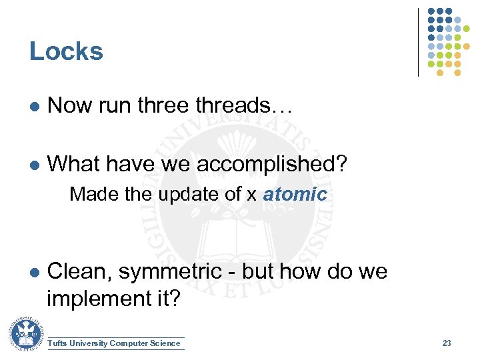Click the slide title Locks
tap(66, 51)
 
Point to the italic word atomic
tap(295, 194)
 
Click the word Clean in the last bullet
tap(75, 272)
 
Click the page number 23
tap(447, 343)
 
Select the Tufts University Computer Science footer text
tap(114, 343)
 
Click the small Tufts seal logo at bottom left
tap(25, 334)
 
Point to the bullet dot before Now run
tap(33, 107)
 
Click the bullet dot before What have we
tap(33, 164)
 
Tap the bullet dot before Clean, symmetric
tap(33, 273)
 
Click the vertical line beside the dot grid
tap(419, 41)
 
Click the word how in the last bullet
tap(299, 272)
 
